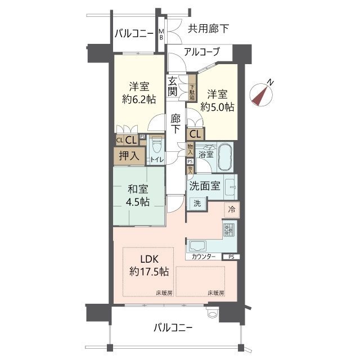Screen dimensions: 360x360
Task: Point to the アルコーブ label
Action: coord(201,52)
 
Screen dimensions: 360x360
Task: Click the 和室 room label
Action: coord(137,188)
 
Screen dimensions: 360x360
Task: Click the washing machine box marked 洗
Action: coord(197,204)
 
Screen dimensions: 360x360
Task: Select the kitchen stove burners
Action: coord(230,229)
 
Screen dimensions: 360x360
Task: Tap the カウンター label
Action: coord(203,256)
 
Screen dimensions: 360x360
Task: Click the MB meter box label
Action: coord(161,34)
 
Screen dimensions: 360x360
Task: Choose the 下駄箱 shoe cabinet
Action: coord(192,89)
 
